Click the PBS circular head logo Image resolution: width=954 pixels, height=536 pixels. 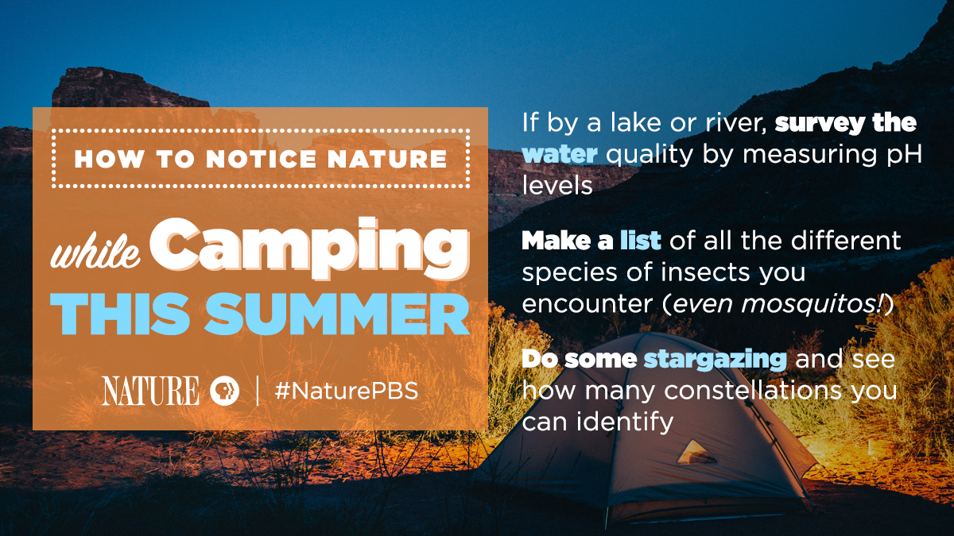[x=224, y=391]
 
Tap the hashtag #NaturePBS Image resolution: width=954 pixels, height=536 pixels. [x=347, y=391]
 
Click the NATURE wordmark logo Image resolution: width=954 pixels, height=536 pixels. [x=150, y=391]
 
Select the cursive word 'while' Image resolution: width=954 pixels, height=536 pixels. [x=95, y=253]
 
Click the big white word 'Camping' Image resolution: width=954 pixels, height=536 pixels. [x=309, y=249]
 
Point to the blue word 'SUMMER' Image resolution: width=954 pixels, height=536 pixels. [x=337, y=314]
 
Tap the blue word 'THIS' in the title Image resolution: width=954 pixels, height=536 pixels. [x=120, y=314]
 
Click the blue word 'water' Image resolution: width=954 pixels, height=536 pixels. [x=560, y=154]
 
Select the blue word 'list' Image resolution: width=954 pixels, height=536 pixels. [x=641, y=241]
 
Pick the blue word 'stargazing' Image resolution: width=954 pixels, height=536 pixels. [x=715, y=360]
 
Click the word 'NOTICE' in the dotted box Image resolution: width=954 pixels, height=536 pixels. [x=262, y=159]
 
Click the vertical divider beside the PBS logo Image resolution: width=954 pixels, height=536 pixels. [x=258, y=391]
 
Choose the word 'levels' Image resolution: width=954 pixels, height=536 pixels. [x=557, y=186]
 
